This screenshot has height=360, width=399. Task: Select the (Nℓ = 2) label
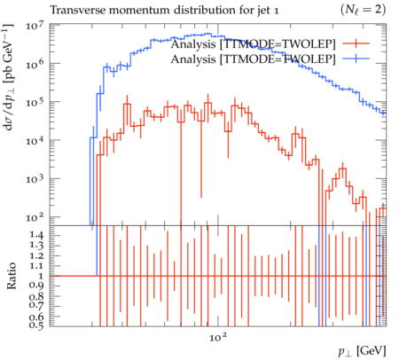(x=363, y=10)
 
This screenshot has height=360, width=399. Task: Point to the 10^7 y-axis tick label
(x=35, y=25)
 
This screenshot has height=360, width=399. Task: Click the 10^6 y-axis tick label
(x=35, y=64)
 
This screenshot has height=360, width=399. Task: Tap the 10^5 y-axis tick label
(x=35, y=102)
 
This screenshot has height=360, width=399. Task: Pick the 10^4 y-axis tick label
(x=35, y=140)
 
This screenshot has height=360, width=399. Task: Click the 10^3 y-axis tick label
(x=35, y=178)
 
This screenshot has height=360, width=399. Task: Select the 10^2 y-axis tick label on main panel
(x=35, y=217)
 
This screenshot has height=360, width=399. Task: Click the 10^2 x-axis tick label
(x=219, y=336)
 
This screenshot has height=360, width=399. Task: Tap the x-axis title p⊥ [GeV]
(x=362, y=351)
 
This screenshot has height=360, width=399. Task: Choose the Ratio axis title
(x=12, y=276)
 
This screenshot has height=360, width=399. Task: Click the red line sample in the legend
(x=356, y=43)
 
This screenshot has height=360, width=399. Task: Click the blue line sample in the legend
(x=356, y=59)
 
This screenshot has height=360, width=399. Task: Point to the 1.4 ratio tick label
(x=36, y=235)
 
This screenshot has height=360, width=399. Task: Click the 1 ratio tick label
(x=41, y=276)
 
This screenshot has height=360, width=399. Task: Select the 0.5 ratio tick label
(x=36, y=325)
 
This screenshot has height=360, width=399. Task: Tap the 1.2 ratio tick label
(x=36, y=255)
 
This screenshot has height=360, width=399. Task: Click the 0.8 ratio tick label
(x=36, y=296)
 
